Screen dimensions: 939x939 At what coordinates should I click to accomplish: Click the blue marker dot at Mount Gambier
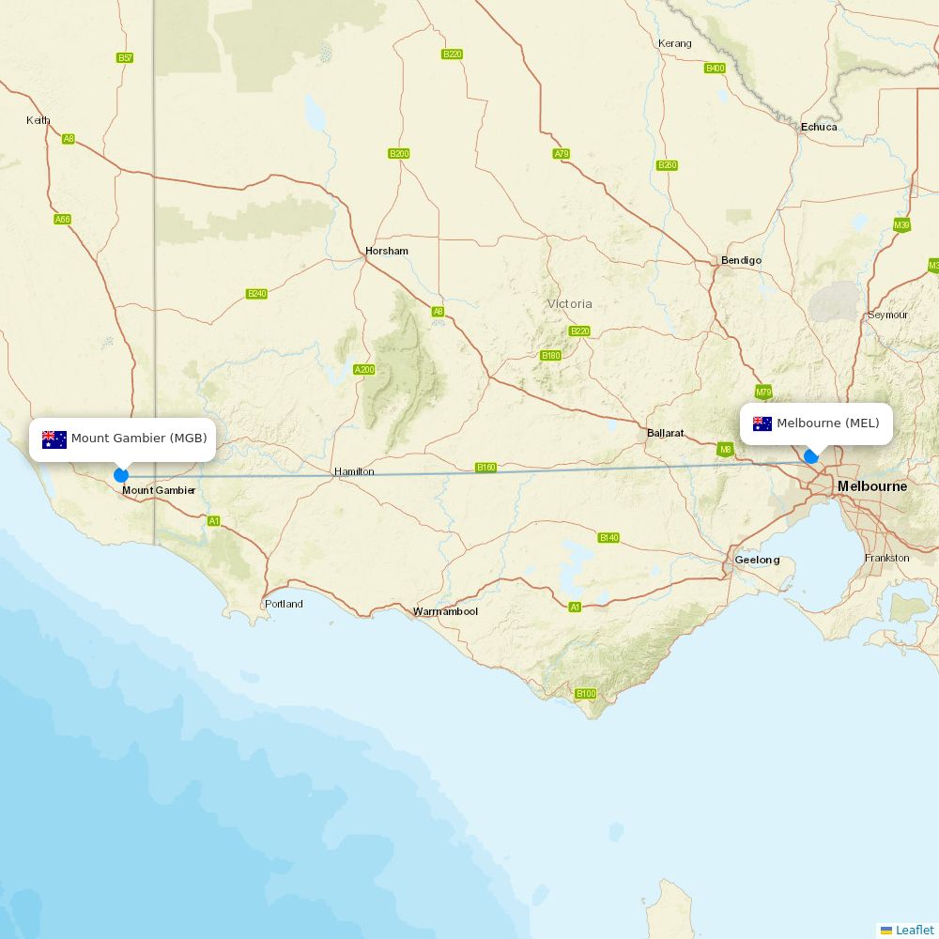coord(121,475)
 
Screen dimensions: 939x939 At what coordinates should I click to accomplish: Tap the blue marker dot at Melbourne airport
coord(811,456)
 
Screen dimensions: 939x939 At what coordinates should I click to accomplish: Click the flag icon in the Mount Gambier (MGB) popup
coord(54,439)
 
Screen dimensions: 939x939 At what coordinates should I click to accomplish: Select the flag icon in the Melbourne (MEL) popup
coord(762,423)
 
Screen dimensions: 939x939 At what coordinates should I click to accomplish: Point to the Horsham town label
coord(387,251)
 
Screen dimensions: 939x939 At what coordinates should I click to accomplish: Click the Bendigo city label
coord(741,260)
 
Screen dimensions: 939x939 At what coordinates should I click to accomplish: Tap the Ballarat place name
coord(665,433)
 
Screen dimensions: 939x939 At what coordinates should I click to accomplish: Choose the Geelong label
coord(757,560)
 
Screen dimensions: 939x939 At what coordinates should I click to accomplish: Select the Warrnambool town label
coord(445,611)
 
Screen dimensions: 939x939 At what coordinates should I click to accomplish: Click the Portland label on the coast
coord(284,604)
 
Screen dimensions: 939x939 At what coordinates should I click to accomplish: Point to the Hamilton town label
coord(354,471)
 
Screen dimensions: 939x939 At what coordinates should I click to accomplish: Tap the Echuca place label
coord(819,127)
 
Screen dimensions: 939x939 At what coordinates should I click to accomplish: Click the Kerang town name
coord(674,43)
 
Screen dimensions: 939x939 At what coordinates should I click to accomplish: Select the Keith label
coord(38,120)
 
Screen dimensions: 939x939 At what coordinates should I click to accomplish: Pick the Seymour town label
coord(887,315)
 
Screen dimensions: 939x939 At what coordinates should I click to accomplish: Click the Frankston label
coord(886,558)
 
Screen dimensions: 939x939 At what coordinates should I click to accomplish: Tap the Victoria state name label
coord(570,303)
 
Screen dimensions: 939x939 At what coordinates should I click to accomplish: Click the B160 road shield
coord(485,467)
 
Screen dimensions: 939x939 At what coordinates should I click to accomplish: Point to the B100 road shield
coord(585,694)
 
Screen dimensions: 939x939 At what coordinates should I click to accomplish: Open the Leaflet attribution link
coord(914,930)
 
